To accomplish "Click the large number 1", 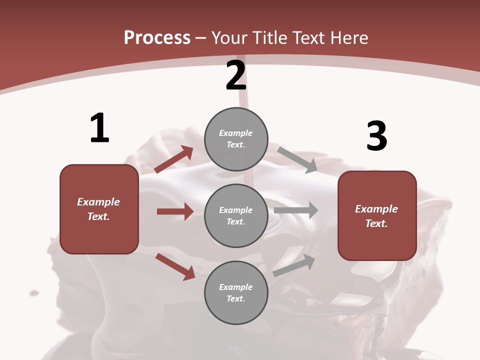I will click(99, 128).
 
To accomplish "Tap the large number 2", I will click(236, 75).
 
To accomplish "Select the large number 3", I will click(376, 136).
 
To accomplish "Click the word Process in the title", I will click(157, 37).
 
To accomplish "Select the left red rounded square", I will click(99, 209).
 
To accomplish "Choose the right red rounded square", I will click(377, 215).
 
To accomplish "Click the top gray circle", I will click(236, 139).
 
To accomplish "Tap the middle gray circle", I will click(236, 215).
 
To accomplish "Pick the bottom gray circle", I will click(236, 292).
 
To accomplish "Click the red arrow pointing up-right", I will click(174, 159).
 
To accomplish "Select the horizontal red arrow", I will click(175, 211).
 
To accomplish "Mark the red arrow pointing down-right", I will click(175, 266).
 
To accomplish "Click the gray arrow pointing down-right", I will click(297, 159).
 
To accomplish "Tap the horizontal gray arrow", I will click(296, 210).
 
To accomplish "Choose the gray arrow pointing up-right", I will click(294, 265).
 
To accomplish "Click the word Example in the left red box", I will click(98, 202).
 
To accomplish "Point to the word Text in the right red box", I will click(376, 223).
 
